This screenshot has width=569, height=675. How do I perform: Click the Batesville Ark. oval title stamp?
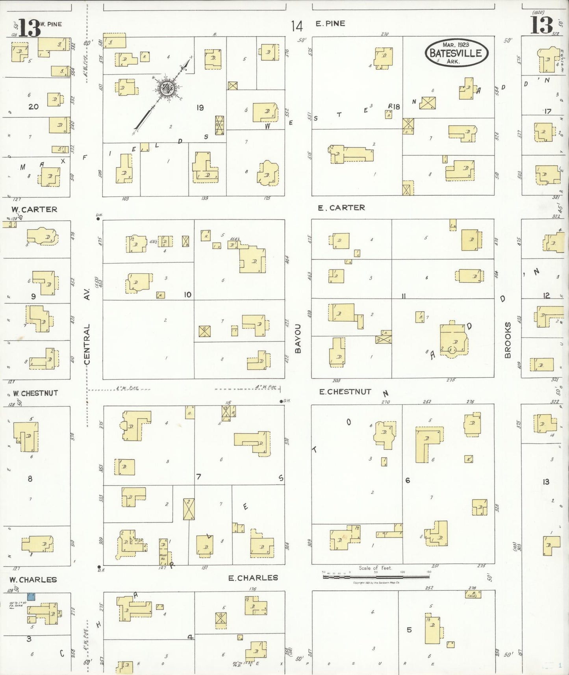[456, 53]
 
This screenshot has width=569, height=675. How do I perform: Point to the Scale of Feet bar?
[376, 577]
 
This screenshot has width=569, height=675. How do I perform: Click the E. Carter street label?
[341, 208]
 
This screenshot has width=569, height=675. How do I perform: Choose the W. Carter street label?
[34, 210]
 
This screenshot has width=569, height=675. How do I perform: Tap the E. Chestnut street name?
[345, 391]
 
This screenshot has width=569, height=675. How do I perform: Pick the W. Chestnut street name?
[35, 393]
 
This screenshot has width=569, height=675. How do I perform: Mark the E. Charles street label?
[253, 578]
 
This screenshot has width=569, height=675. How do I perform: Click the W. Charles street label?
[33, 580]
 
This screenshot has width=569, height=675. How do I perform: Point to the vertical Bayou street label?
[298, 338]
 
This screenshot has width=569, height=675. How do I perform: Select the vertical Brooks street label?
[508, 340]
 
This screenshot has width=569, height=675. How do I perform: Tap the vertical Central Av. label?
[87, 327]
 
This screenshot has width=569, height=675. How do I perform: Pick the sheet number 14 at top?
[297, 26]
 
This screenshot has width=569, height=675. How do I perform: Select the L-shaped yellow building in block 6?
[426, 444]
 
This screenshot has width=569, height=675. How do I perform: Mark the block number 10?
[187, 295]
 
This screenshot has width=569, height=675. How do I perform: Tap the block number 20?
[33, 106]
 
